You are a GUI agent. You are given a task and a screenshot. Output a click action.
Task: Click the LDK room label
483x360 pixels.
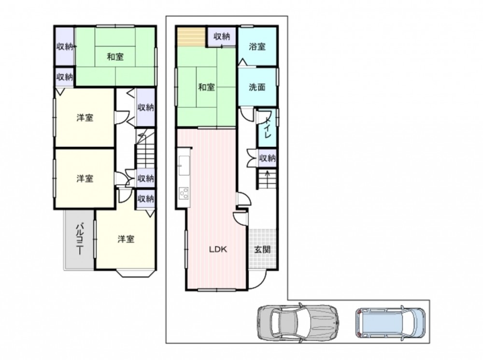[218, 249]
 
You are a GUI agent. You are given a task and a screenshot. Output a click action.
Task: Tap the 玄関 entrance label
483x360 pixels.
[262, 249]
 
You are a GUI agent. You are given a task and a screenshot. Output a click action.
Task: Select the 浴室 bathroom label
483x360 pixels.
[257, 47]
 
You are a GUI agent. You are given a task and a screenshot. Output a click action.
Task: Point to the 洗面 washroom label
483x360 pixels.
[257, 87]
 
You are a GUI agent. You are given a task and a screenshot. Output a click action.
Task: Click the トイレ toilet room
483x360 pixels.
[267, 128]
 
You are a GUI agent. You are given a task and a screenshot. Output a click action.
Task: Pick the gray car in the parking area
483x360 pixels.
[298, 323]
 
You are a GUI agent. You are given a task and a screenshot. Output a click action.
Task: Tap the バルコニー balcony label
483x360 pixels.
[80, 239]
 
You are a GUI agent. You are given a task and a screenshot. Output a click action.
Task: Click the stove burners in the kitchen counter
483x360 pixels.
[184, 193]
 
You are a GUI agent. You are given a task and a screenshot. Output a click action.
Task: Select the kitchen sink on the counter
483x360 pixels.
[184, 166]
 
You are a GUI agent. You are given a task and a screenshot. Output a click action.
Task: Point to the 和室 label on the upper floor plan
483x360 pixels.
[115, 57]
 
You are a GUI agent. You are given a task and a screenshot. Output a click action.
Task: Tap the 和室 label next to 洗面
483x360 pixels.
[206, 87]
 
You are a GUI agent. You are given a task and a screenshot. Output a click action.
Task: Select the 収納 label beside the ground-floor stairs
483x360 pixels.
[267, 158]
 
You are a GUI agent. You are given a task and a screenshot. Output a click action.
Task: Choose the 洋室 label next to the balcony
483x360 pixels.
[126, 239]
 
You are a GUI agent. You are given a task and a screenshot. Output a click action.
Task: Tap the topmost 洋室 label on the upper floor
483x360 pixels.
[85, 118]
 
